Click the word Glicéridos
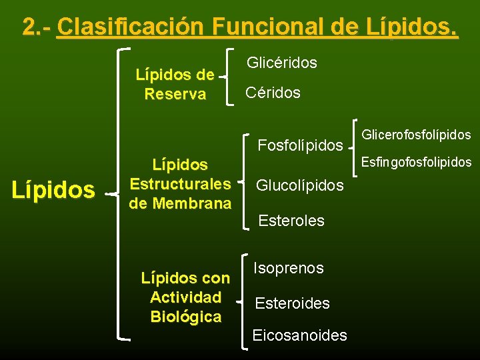click(x=282, y=63)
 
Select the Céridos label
click(x=273, y=93)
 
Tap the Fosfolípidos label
click(x=300, y=145)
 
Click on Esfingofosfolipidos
click(x=416, y=162)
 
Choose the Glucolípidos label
click(x=300, y=185)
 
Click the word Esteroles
click(x=291, y=221)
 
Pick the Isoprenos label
click(x=288, y=268)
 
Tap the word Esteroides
click(x=292, y=303)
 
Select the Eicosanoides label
click(x=299, y=335)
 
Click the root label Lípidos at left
click(x=53, y=191)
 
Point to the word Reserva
click(x=175, y=95)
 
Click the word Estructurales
click(x=180, y=183)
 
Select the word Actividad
click(x=185, y=297)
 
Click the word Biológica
click(x=185, y=317)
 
